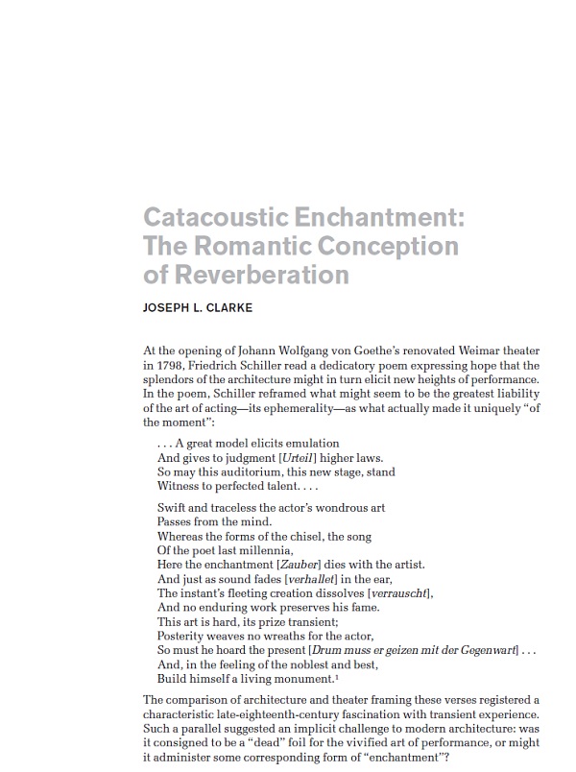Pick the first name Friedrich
224,367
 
